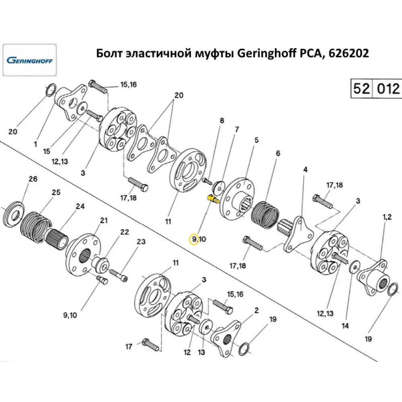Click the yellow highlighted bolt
[212, 199]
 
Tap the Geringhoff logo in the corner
[30, 61]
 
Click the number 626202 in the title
[349, 54]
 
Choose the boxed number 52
[361, 89]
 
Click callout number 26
[33, 179]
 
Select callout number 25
[56, 193]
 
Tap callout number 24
[80, 207]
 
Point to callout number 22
[125, 232]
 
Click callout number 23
[141, 242]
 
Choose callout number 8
[221, 120]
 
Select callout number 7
[237, 129]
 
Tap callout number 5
[256, 140]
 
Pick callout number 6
[278, 153]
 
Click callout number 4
[305, 170]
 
